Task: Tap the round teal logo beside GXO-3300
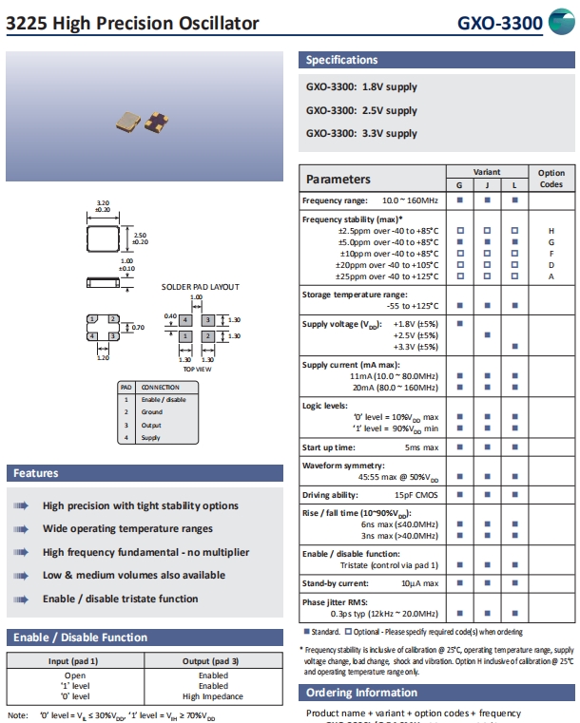pos(563,23)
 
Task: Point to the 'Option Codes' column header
pos(551,179)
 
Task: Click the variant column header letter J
pos(487,184)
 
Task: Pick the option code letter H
pos(551,231)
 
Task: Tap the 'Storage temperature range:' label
pos(355,295)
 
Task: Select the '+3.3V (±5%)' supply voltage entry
pos(416,347)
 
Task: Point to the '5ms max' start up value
pos(421,447)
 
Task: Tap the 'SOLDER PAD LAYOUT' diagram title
pos(200,286)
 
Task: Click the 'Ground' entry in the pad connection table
pos(152,412)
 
